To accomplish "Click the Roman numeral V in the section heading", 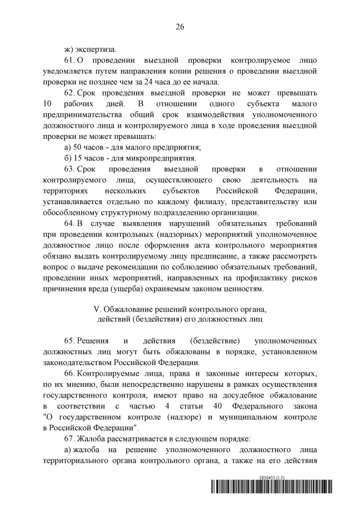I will [x=95, y=310].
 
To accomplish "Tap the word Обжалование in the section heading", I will [x=126, y=310].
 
